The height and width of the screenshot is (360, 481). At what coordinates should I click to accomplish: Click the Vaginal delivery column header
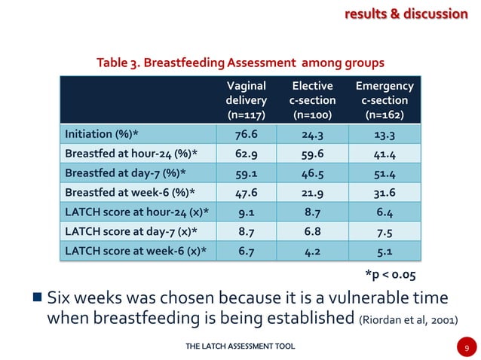[246, 100]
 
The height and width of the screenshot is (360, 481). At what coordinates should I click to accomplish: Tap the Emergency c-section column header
[384, 100]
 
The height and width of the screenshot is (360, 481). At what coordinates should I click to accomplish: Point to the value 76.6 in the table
[246, 135]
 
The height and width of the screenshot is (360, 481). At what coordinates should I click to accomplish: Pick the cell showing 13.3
[384, 135]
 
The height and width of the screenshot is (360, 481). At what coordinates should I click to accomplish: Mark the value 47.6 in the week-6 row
[246, 193]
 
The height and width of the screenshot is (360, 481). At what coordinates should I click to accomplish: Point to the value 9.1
[246, 212]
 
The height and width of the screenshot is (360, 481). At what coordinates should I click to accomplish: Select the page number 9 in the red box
[467, 347]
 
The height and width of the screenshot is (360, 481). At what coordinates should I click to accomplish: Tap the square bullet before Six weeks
[36, 297]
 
